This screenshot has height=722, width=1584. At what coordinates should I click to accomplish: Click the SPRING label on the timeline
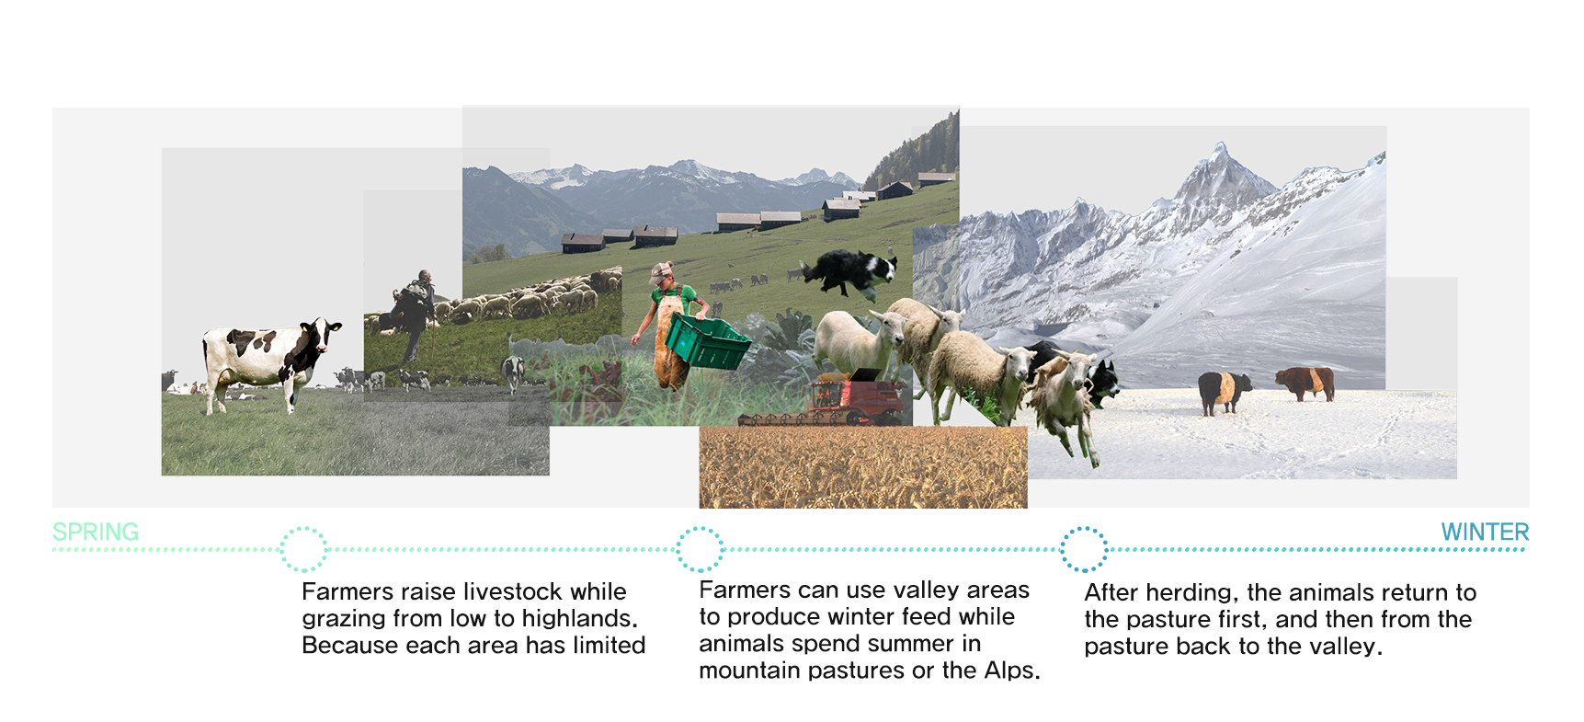[x=96, y=532]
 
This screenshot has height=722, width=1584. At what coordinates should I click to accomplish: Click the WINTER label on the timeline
[x=1485, y=532]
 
